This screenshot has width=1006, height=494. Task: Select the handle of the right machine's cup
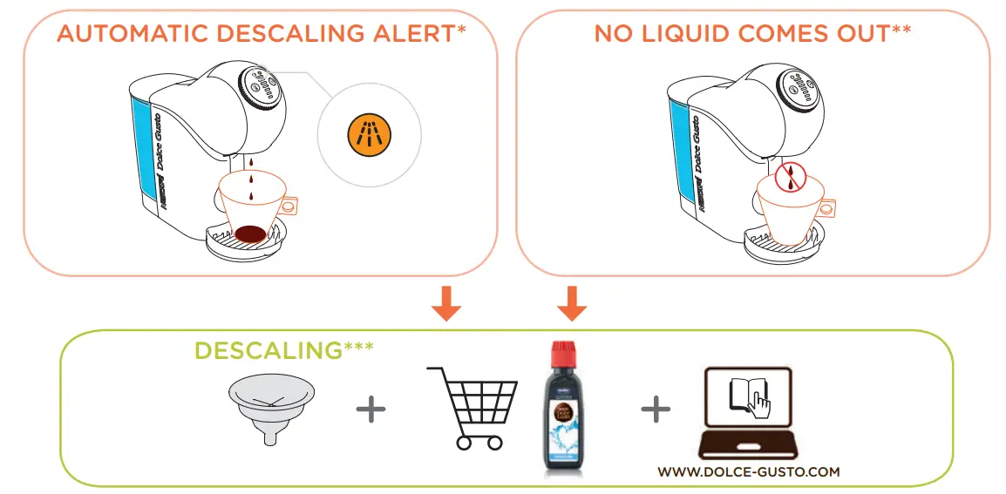[x=827, y=207]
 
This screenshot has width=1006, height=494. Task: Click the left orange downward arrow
[x=446, y=302]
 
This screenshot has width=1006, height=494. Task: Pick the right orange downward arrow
[x=571, y=302]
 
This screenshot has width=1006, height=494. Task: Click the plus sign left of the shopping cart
[x=371, y=409]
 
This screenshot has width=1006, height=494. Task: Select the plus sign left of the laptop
[x=656, y=409]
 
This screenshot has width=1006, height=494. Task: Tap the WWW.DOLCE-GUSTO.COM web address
[x=749, y=471]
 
